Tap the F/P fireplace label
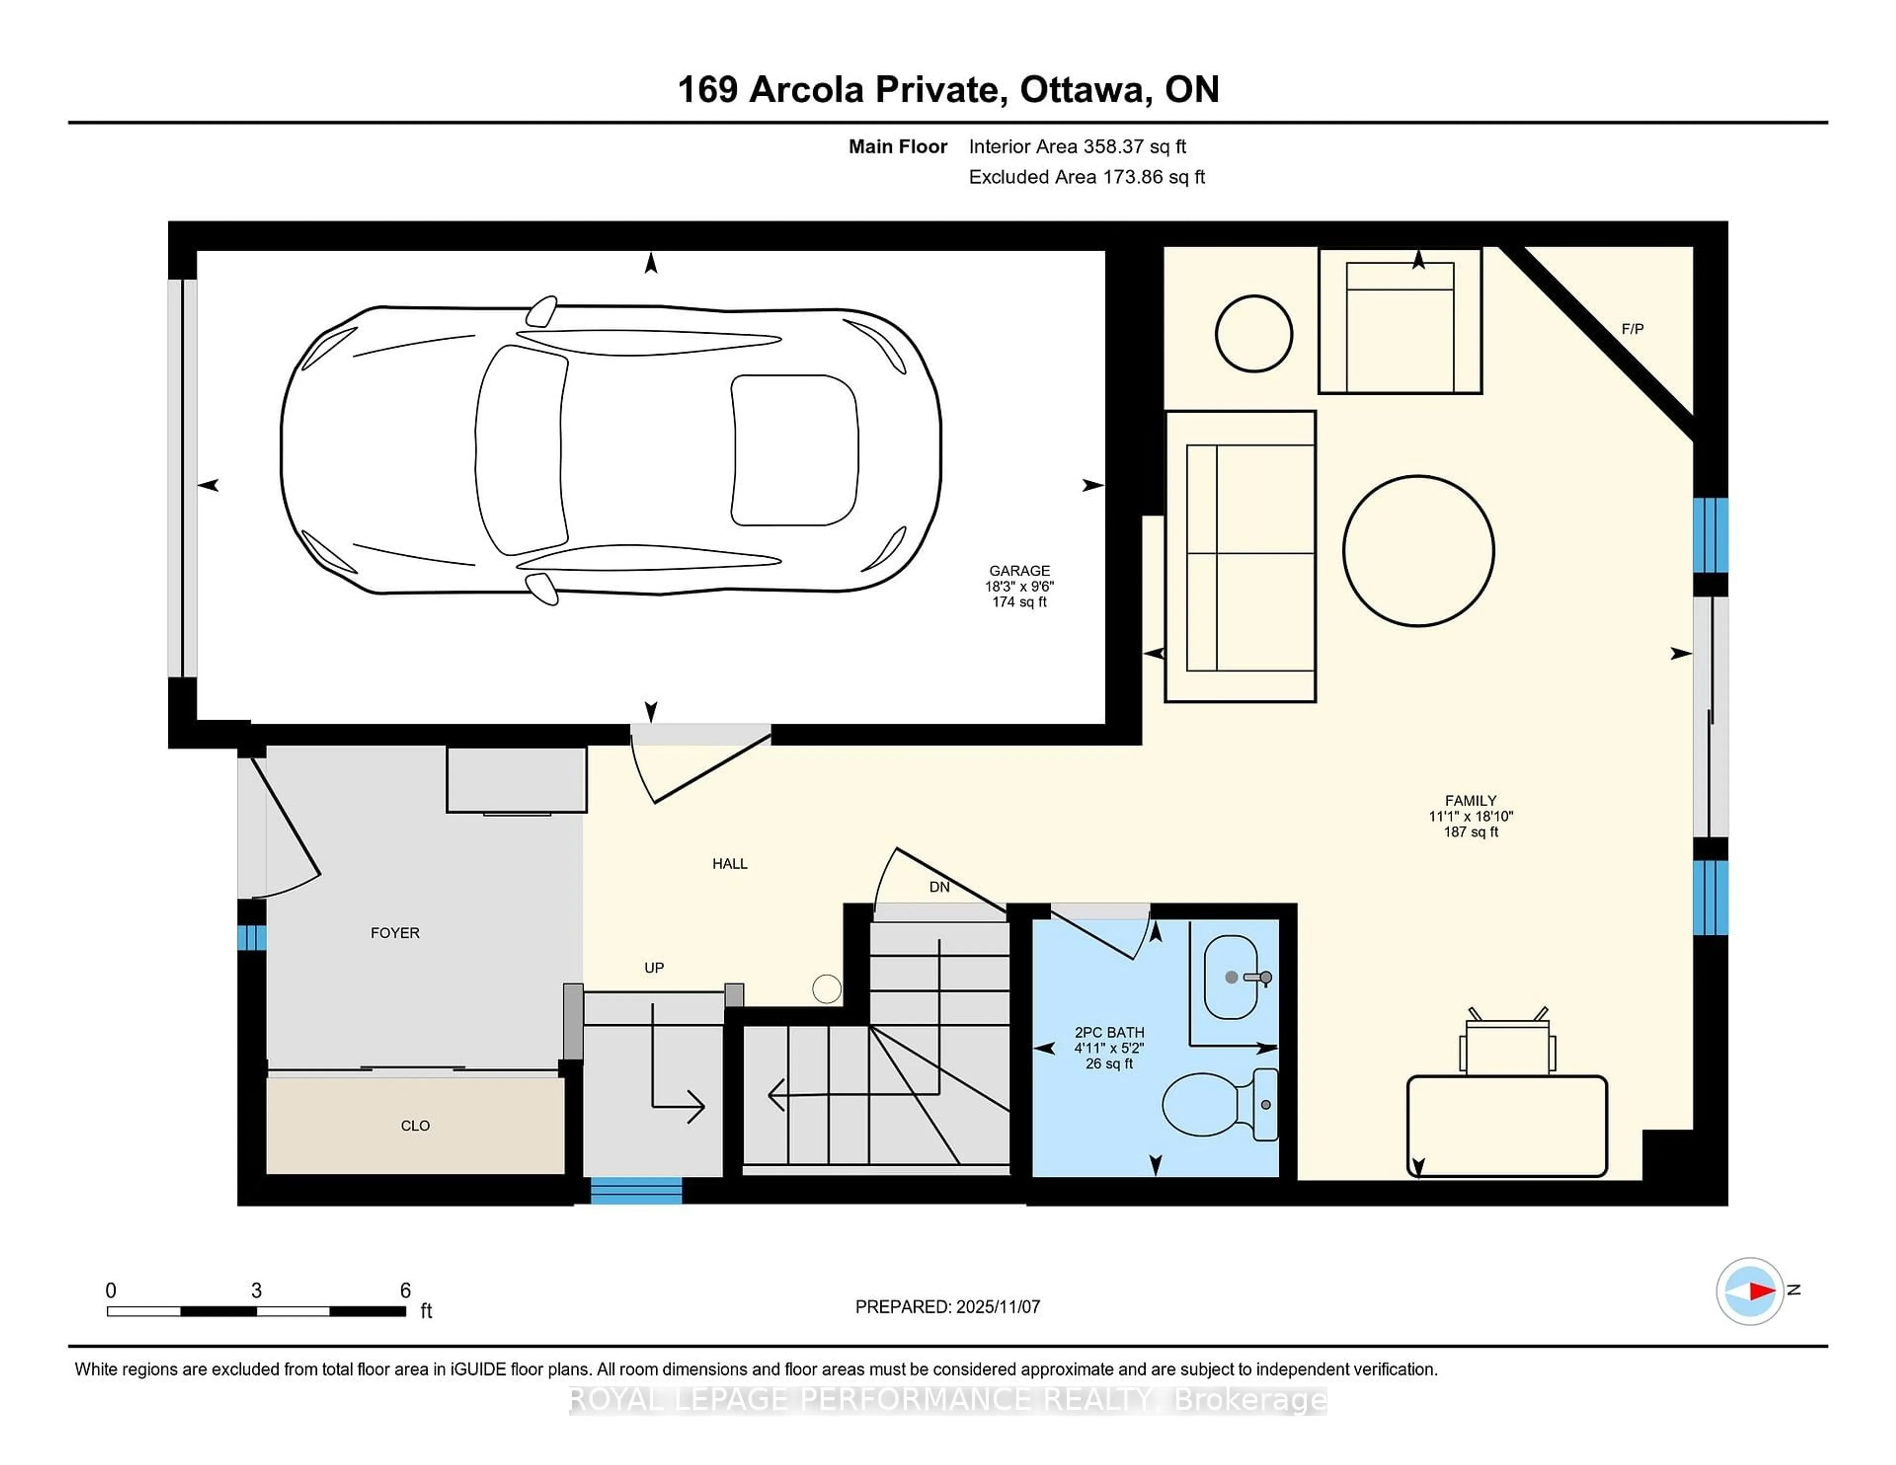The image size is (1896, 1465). (x=1632, y=329)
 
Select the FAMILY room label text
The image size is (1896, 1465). (x=1470, y=800)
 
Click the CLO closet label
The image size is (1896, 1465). (x=415, y=1126)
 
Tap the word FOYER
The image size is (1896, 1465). (x=395, y=933)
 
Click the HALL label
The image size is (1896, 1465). (x=729, y=864)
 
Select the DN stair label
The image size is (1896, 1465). (x=939, y=887)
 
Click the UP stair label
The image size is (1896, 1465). (x=654, y=967)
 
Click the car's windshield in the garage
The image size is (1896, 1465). (x=521, y=450)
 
